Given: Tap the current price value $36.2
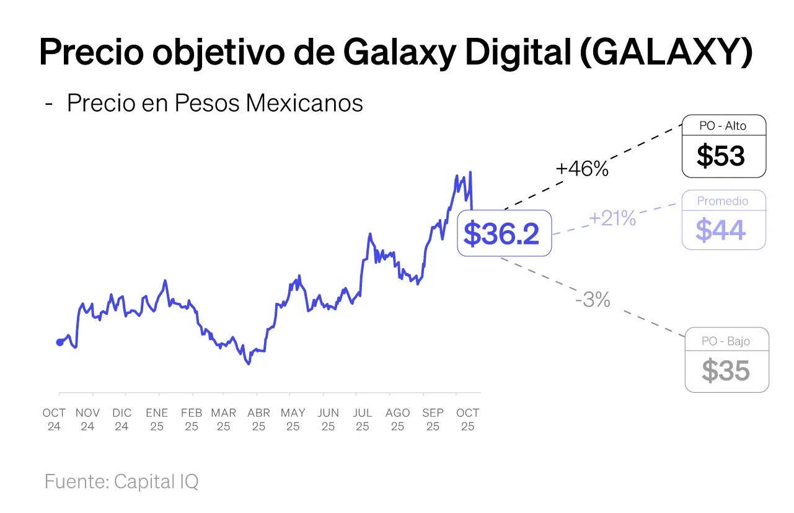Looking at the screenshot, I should click(502, 233).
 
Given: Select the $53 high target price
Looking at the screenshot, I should click(721, 156).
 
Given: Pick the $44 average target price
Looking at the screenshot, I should click(721, 230).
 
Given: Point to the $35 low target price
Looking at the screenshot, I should click(726, 371).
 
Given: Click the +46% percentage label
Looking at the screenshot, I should click(582, 169).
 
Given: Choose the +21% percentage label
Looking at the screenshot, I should click(612, 218).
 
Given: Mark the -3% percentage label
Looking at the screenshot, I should click(593, 300).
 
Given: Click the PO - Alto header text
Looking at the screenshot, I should click(723, 126).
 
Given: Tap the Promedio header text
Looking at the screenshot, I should click(723, 201).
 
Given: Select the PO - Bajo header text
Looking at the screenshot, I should click(726, 341).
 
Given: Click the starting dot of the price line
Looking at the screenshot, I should click(60, 342).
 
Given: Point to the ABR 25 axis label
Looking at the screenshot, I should click(258, 419).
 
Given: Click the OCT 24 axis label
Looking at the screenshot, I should click(54, 419).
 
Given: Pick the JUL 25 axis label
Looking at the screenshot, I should click(363, 419).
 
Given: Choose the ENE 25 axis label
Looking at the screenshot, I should click(157, 419).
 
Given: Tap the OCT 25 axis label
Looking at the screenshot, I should click(468, 419).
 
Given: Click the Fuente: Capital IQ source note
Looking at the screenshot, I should click(121, 481).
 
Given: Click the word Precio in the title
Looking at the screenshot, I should click(90, 52).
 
